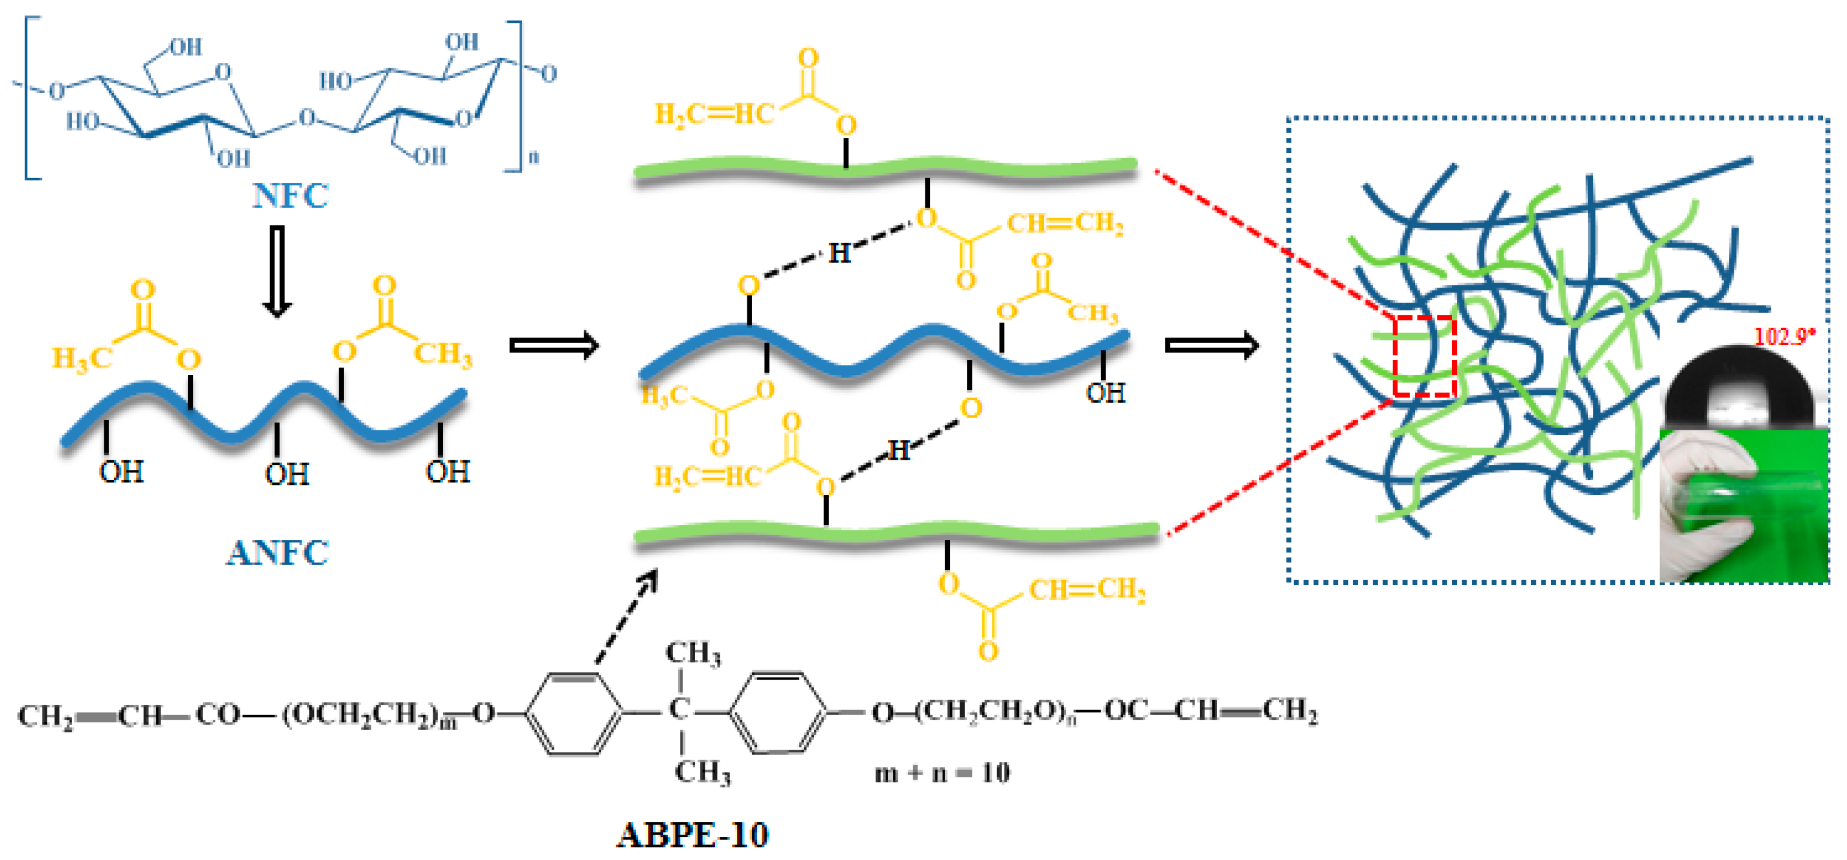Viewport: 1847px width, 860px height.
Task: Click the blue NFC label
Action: pos(291,196)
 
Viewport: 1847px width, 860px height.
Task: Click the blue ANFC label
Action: pos(277,553)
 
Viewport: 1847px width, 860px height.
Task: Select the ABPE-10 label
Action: pos(693,835)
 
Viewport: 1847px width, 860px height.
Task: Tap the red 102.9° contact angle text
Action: pos(1785,336)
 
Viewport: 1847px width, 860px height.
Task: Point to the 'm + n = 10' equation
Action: pos(942,773)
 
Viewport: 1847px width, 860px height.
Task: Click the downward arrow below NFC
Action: pos(276,271)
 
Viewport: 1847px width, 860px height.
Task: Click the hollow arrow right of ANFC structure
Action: pos(554,346)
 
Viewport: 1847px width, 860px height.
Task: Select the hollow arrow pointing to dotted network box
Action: pos(1211,346)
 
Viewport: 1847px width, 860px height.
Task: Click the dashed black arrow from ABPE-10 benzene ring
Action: pos(626,617)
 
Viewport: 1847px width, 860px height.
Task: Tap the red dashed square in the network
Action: pos(1424,357)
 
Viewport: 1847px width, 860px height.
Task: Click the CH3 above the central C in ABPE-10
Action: pos(693,653)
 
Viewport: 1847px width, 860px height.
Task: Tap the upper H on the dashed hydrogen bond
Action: pos(840,253)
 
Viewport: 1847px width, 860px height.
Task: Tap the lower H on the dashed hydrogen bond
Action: pos(899,451)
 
